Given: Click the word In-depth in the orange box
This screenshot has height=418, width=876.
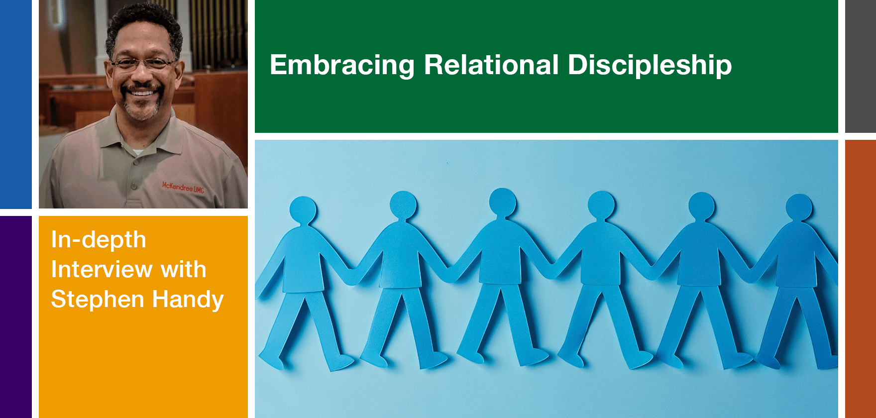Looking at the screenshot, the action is pos(99,240).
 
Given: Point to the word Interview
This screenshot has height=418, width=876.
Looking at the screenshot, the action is pos(101,269).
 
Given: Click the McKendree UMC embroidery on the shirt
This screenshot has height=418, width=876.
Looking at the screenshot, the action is pos(183,187).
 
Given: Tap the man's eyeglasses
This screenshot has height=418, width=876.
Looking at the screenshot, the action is pos(143,64).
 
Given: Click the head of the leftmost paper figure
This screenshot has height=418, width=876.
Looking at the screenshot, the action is pos(303,210).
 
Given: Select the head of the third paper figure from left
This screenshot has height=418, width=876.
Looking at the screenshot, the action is pos(503,203).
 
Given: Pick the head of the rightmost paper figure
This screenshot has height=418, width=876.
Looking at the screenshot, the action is pos(799,208).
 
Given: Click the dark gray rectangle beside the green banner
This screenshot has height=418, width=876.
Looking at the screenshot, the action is pos(861,66).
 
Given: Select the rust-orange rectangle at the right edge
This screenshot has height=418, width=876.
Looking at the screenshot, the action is pos(861,279).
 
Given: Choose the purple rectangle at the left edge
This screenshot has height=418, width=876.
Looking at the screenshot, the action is pos(16,317).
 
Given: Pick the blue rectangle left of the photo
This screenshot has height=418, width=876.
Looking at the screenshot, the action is pos(16,104).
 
